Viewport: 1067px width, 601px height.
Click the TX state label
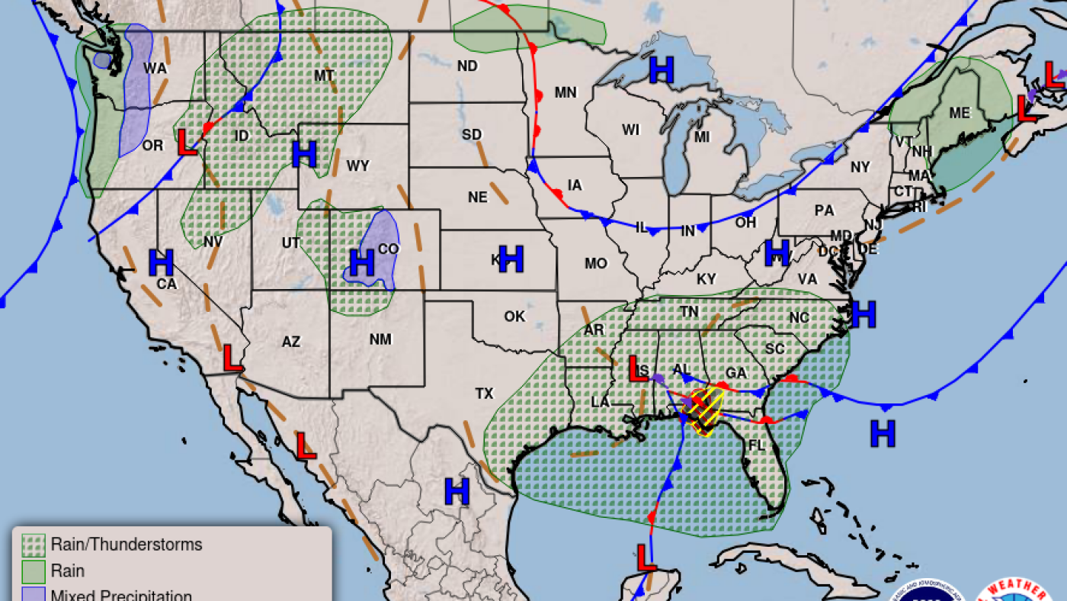tap(484, 394)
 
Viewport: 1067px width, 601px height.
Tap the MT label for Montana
tap(325, 76)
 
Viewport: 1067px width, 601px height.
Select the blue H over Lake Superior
tap(662, 70)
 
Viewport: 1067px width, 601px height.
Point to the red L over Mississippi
tap(637, 369)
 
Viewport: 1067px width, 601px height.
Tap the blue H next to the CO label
tap(361, 263)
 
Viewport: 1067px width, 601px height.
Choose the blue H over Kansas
tap(511, 259)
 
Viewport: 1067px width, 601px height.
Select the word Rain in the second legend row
tap(67, 570)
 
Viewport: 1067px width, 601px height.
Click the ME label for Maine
tap(960, 113)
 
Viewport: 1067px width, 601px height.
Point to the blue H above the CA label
tap(162, 262)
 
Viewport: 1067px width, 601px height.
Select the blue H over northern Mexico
tap(457, 491)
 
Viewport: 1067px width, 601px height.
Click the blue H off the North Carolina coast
tap(864, 313)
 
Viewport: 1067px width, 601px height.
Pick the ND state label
tap(467, 66)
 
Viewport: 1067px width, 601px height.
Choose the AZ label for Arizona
tap(291, 342)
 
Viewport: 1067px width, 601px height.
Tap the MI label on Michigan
tap(702, 137)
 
